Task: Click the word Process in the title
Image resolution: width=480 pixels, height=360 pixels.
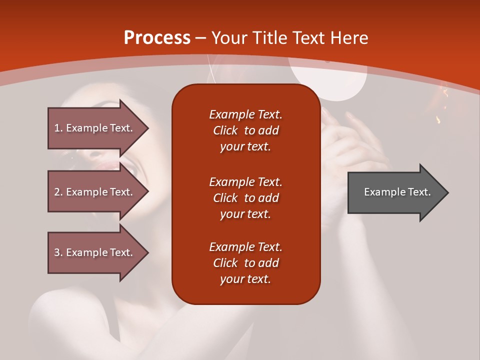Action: pos(157,38)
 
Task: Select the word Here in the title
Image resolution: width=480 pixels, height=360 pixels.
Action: pos(349,37)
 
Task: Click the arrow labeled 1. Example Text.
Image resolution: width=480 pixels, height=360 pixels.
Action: pos(98,128)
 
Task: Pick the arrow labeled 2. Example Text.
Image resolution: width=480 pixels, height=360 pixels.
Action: pos(98,191)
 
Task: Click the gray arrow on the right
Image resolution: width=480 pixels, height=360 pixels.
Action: pos(398,192)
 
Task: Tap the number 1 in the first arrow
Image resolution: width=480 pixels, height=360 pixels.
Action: pos(57,128)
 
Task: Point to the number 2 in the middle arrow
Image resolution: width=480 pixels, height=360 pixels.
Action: pos(57,192)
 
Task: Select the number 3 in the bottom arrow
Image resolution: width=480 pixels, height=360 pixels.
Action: pos(57,252)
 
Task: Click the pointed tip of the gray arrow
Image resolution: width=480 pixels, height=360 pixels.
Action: pos(448,192)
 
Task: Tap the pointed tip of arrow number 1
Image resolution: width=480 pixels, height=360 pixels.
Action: pos(149,128)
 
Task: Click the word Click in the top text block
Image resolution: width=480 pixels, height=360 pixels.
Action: pos(225,130)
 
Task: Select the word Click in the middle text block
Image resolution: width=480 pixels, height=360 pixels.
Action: pos(225,198)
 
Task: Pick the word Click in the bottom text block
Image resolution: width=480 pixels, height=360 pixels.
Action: pos(225,262)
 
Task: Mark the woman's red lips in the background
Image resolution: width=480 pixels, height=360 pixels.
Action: pos(108,166)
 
